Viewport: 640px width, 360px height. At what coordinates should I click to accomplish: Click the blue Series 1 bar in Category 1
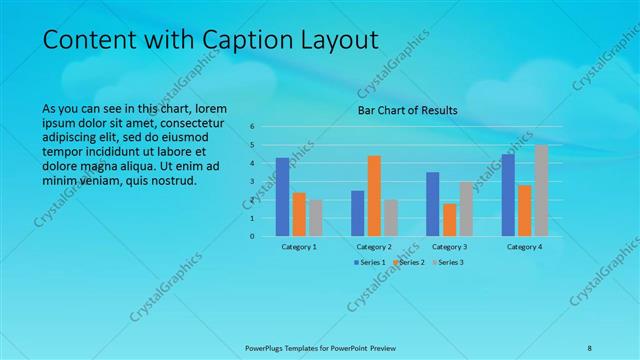pos(283,197)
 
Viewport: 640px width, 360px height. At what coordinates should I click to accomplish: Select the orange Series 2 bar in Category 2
pos(374,196)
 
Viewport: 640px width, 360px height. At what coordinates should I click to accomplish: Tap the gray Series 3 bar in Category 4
pos(541,191)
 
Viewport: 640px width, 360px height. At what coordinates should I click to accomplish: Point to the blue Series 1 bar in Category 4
pos(508,195)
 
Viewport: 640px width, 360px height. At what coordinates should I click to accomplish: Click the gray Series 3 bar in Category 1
pos(315,218)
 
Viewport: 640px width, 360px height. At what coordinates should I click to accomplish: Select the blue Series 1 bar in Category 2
pos(358,213)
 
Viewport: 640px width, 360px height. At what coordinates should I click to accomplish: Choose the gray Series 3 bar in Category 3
pos(466,209)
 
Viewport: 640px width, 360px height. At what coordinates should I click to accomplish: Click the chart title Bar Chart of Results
pos(408,110)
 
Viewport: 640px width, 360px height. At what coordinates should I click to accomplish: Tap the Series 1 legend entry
pos(370,262)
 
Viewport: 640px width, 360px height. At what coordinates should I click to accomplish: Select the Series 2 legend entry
pos(408,262)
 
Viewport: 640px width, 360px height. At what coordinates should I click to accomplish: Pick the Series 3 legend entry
pos(446,262)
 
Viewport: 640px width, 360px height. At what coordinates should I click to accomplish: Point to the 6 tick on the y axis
pos(253,127)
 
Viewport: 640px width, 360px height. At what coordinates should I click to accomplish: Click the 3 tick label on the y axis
pos(253,182)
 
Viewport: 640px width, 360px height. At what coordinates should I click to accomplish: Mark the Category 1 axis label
pos(299,246)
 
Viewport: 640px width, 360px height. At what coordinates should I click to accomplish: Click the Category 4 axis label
pos(524,246)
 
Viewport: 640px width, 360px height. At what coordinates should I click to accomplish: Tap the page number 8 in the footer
pos(590,347)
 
